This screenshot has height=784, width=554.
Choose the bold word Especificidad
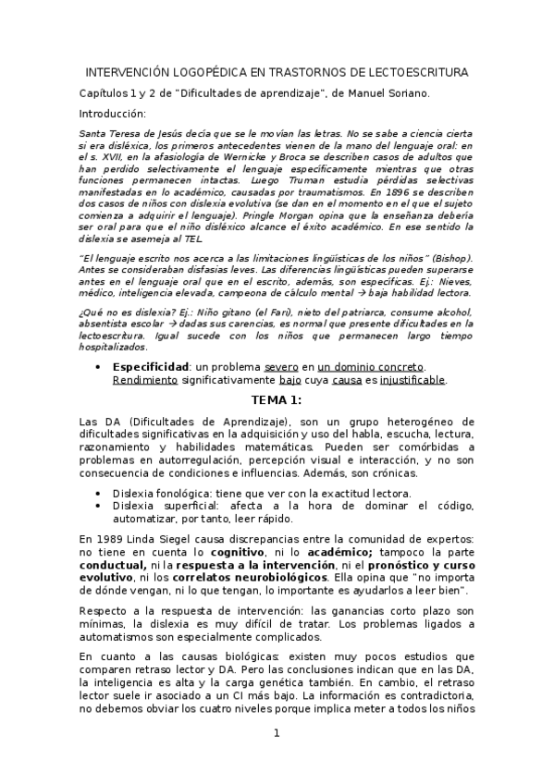pos(152,366)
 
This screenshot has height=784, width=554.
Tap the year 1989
pos(105,538)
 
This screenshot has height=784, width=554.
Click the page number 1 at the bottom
pos(276,734)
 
